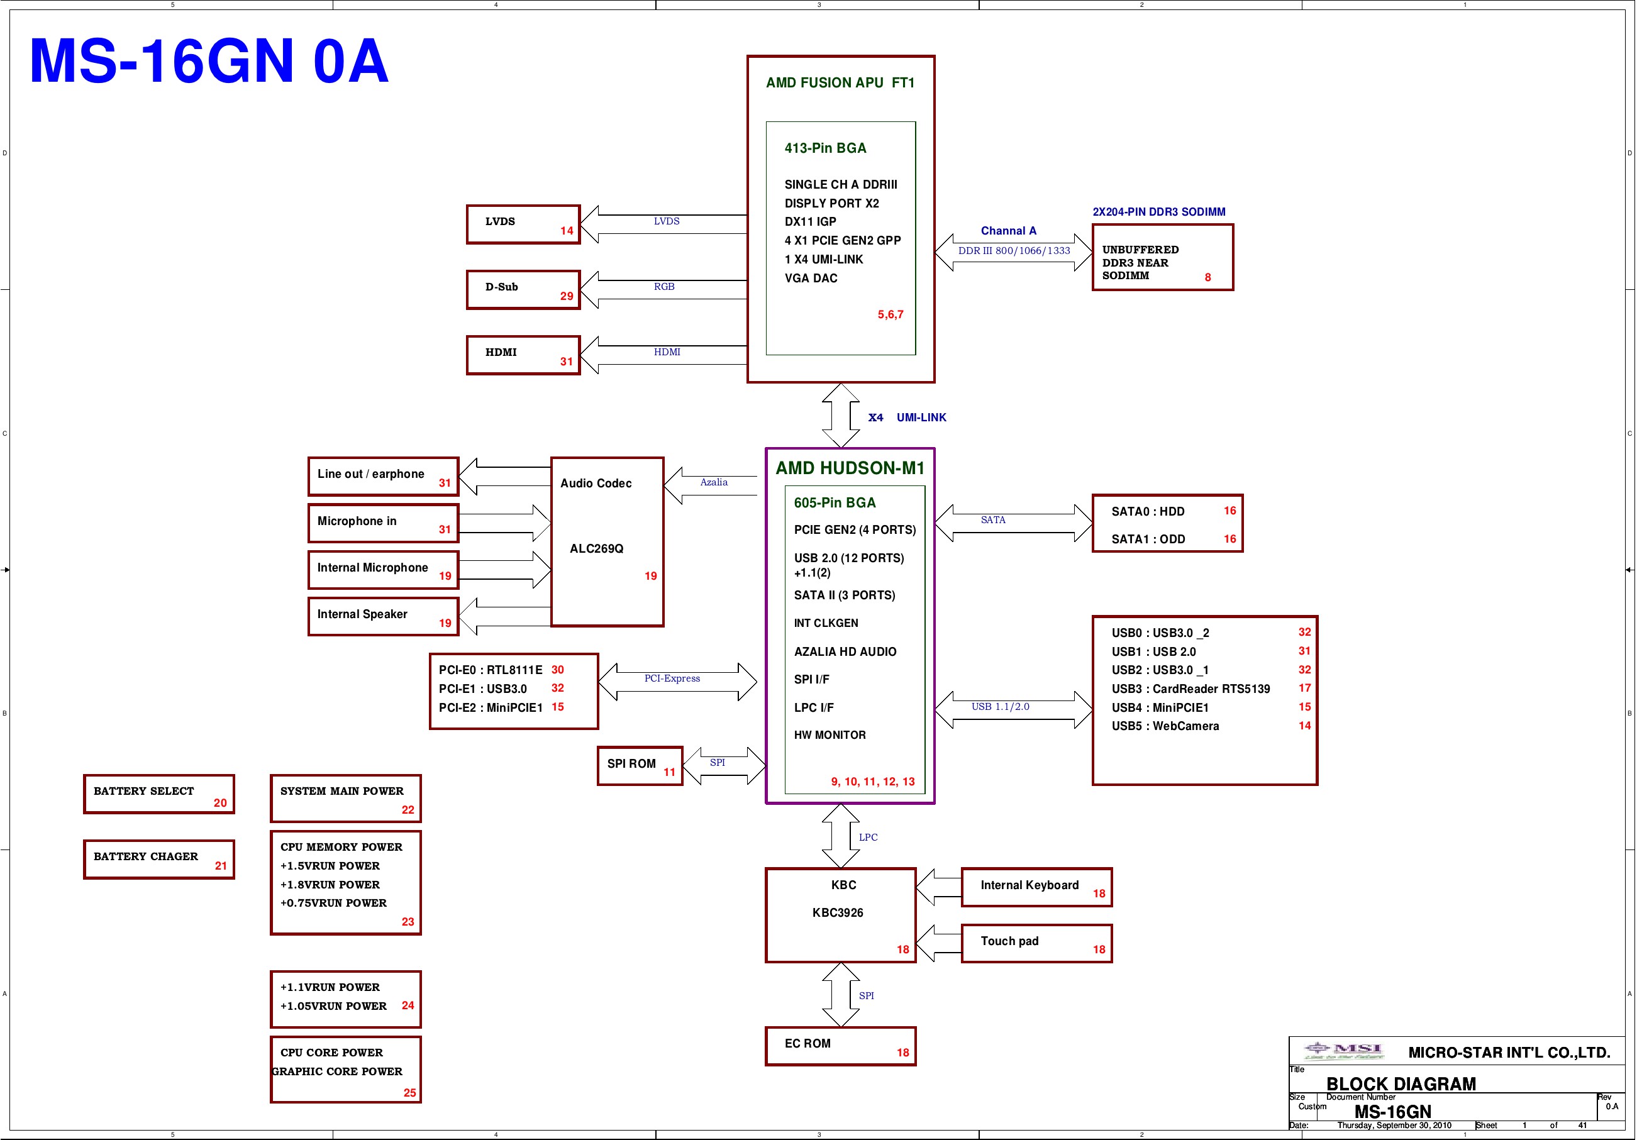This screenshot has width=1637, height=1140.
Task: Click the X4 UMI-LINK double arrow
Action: coord(841,416)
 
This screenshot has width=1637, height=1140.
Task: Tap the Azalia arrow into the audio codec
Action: coord(710,485)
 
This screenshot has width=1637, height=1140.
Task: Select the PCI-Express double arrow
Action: coord(677,682)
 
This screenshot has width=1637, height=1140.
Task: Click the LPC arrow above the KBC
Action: coord(841,836)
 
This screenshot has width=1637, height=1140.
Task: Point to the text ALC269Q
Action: coord(596,548)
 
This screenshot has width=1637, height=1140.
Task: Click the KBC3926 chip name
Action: coord(838,912)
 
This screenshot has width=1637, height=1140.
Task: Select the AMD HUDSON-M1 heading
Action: coord(850,468)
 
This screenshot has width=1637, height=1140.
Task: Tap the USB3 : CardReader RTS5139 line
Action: coord(1190,689)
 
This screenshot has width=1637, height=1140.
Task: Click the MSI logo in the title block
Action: coord(1344,1050)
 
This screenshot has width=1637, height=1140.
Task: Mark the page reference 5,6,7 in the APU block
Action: coord(891,314)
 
